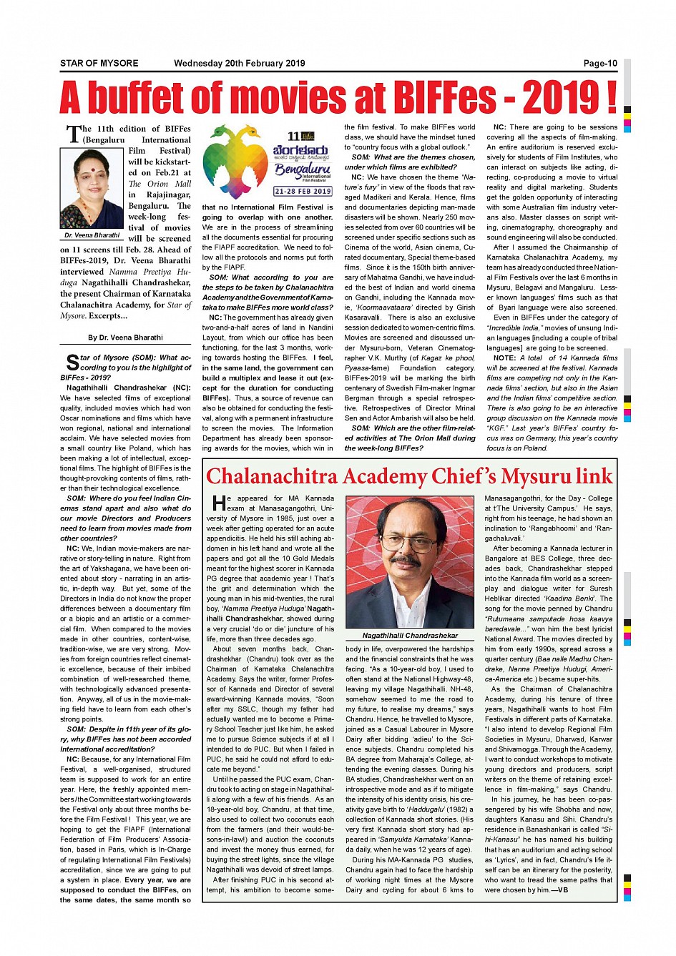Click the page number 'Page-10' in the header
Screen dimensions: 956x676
pyautogui.click(x=599, y=64)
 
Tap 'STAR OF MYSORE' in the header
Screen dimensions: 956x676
pyautogui.click(x=99, y=64)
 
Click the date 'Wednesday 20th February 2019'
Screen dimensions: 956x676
pyautogui.click(x=239, y=64)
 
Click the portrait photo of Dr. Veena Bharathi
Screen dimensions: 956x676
pyautogui.click(x=92, y=188)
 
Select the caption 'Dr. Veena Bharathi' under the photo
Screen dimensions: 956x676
pyautogui.click(x=92, y=235)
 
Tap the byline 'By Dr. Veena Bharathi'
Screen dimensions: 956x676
pyautogui.click(x=125, y=337)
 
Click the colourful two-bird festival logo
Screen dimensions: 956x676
pyautogui.click(x=235, y=162)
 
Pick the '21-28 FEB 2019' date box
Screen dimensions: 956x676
pyautogui.click(x=303, y=192)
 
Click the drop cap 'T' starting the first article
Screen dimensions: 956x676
pyautogui.click(x=73, y=134)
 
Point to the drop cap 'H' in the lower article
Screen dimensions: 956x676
pyautogui.click(x=217, y=503)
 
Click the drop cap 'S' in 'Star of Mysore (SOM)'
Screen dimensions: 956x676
pyautogui.click(x=72, y=363)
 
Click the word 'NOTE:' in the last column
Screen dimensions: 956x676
pyautogui.click(x=505, y=358)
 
